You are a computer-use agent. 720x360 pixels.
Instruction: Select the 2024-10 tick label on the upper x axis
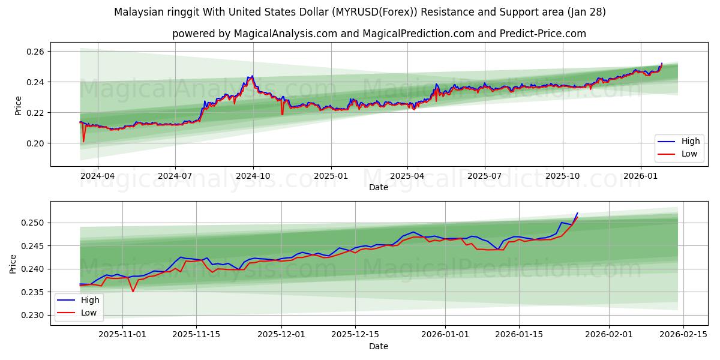point(253,176)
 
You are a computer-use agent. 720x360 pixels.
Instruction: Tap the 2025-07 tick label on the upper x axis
point(484,176)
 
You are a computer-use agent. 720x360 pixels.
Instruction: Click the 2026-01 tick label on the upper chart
point(640,176)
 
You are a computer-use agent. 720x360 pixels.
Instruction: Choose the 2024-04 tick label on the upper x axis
point(97,176)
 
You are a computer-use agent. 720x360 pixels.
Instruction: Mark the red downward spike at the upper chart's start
point(83,140)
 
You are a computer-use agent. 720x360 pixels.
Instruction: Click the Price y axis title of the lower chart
point(13,264)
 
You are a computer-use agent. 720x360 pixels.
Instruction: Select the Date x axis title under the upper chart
point(378,187)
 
